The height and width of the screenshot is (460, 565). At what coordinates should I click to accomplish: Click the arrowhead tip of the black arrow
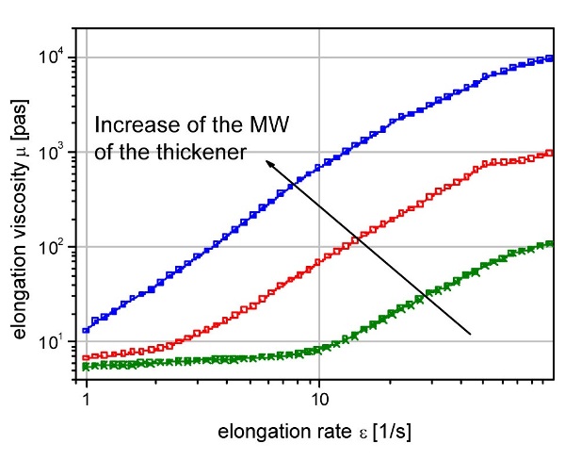click(265, 159)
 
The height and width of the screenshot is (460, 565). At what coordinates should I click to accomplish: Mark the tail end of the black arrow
click(470, 333)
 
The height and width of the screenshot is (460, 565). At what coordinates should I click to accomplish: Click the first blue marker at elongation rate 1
click(87, 330)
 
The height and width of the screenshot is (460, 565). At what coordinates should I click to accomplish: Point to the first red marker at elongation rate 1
click(87, 358)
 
